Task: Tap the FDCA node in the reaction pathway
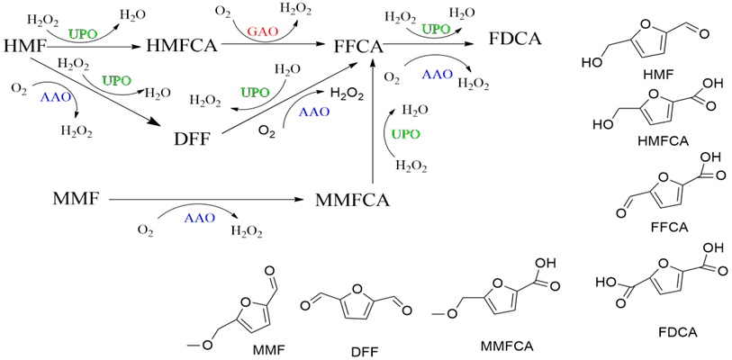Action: [519, 40]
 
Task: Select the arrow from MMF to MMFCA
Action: [207, 199]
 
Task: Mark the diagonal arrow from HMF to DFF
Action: [108, 94]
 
